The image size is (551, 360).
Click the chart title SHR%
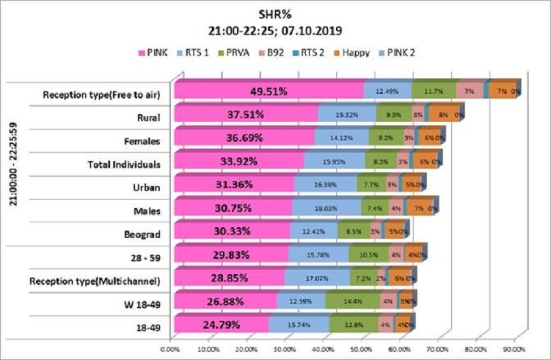tap(275, 13)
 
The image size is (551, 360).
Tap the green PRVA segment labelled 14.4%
tap(351, 300)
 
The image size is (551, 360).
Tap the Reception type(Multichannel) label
tap(95, 281)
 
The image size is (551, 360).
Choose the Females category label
tap(142, 141)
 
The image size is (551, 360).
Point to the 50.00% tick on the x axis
tap(361, 349)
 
